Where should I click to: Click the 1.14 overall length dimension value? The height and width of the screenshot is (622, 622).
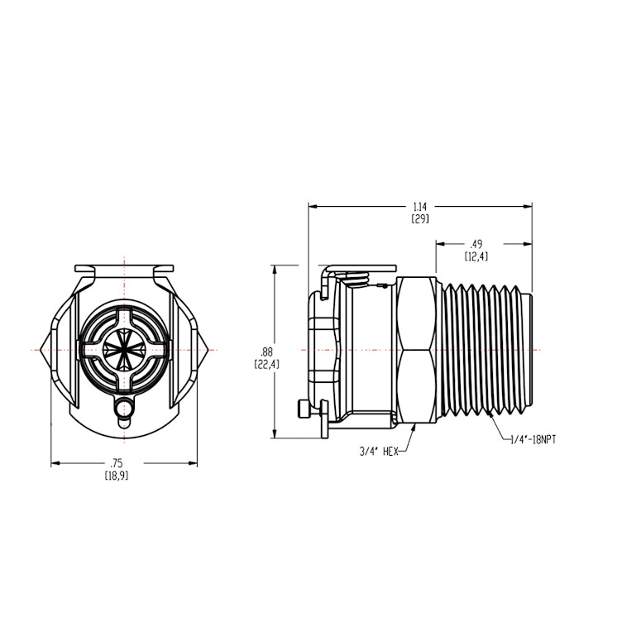(420, 207)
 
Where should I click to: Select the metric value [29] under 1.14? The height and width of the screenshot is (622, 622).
(420, 219)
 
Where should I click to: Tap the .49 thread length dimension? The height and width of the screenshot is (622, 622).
(476, 244)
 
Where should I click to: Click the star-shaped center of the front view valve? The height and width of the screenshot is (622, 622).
(124, 348)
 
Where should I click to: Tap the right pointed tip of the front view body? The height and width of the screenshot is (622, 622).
(206, 349)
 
